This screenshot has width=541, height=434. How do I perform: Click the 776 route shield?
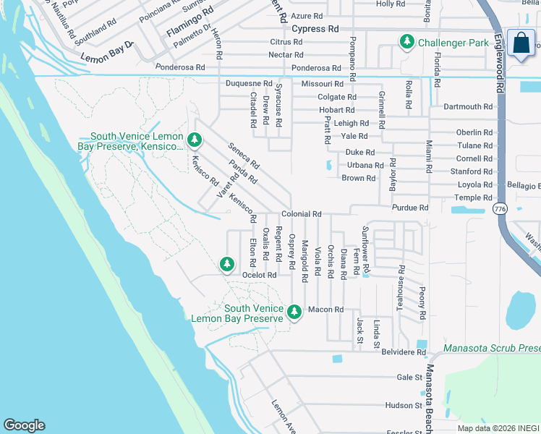(x=499, y=208)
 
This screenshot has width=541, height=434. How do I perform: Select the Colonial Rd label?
(x=301, y=214)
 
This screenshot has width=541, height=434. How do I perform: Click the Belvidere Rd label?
(x=403, y=352)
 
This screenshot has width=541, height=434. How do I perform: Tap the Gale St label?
(x=409, y=377)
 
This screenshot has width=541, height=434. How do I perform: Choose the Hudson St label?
(x=404, y=406)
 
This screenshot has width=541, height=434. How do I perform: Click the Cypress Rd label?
(x=315, y=29)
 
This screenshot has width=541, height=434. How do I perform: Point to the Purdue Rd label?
(x=410, y=208)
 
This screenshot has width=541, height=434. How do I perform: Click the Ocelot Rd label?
(x=260, y=275)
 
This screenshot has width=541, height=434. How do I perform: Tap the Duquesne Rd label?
(x=249, y=84)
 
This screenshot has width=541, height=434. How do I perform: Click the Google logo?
(x=24, y=425)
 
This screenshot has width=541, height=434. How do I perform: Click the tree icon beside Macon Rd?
(x=294, y=312)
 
